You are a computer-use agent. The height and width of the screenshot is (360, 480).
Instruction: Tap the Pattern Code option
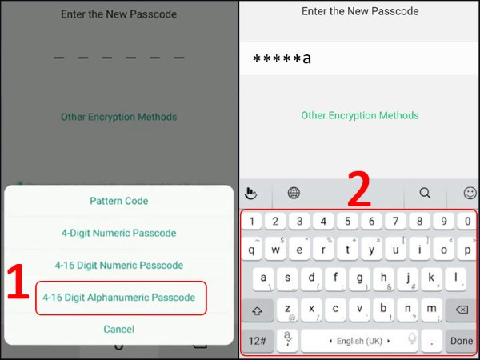[118, 201]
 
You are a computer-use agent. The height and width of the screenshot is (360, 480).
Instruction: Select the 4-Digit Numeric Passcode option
[118, 233]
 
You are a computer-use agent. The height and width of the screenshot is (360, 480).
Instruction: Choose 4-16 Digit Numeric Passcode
[118, 265]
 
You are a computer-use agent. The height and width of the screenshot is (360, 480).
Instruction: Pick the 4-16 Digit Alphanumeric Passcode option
[118, 297]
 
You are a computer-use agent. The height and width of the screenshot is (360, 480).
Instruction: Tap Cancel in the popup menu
[118, 329]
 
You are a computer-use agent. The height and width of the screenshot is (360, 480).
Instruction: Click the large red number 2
[358, 190]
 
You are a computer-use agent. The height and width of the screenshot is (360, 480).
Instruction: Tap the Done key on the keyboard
[462, 341]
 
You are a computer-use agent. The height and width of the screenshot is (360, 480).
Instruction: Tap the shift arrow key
[258, 310]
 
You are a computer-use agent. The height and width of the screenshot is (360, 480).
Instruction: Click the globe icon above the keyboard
[294, 193]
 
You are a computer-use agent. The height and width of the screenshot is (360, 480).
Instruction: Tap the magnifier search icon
[425, 193]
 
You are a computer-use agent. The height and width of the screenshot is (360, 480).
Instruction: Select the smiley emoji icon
[470, 193]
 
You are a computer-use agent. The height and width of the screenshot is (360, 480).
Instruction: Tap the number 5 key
[346, 221]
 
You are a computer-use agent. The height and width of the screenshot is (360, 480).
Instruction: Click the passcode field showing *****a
[358, 59]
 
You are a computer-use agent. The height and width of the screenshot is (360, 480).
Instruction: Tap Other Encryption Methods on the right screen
[359, 116]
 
